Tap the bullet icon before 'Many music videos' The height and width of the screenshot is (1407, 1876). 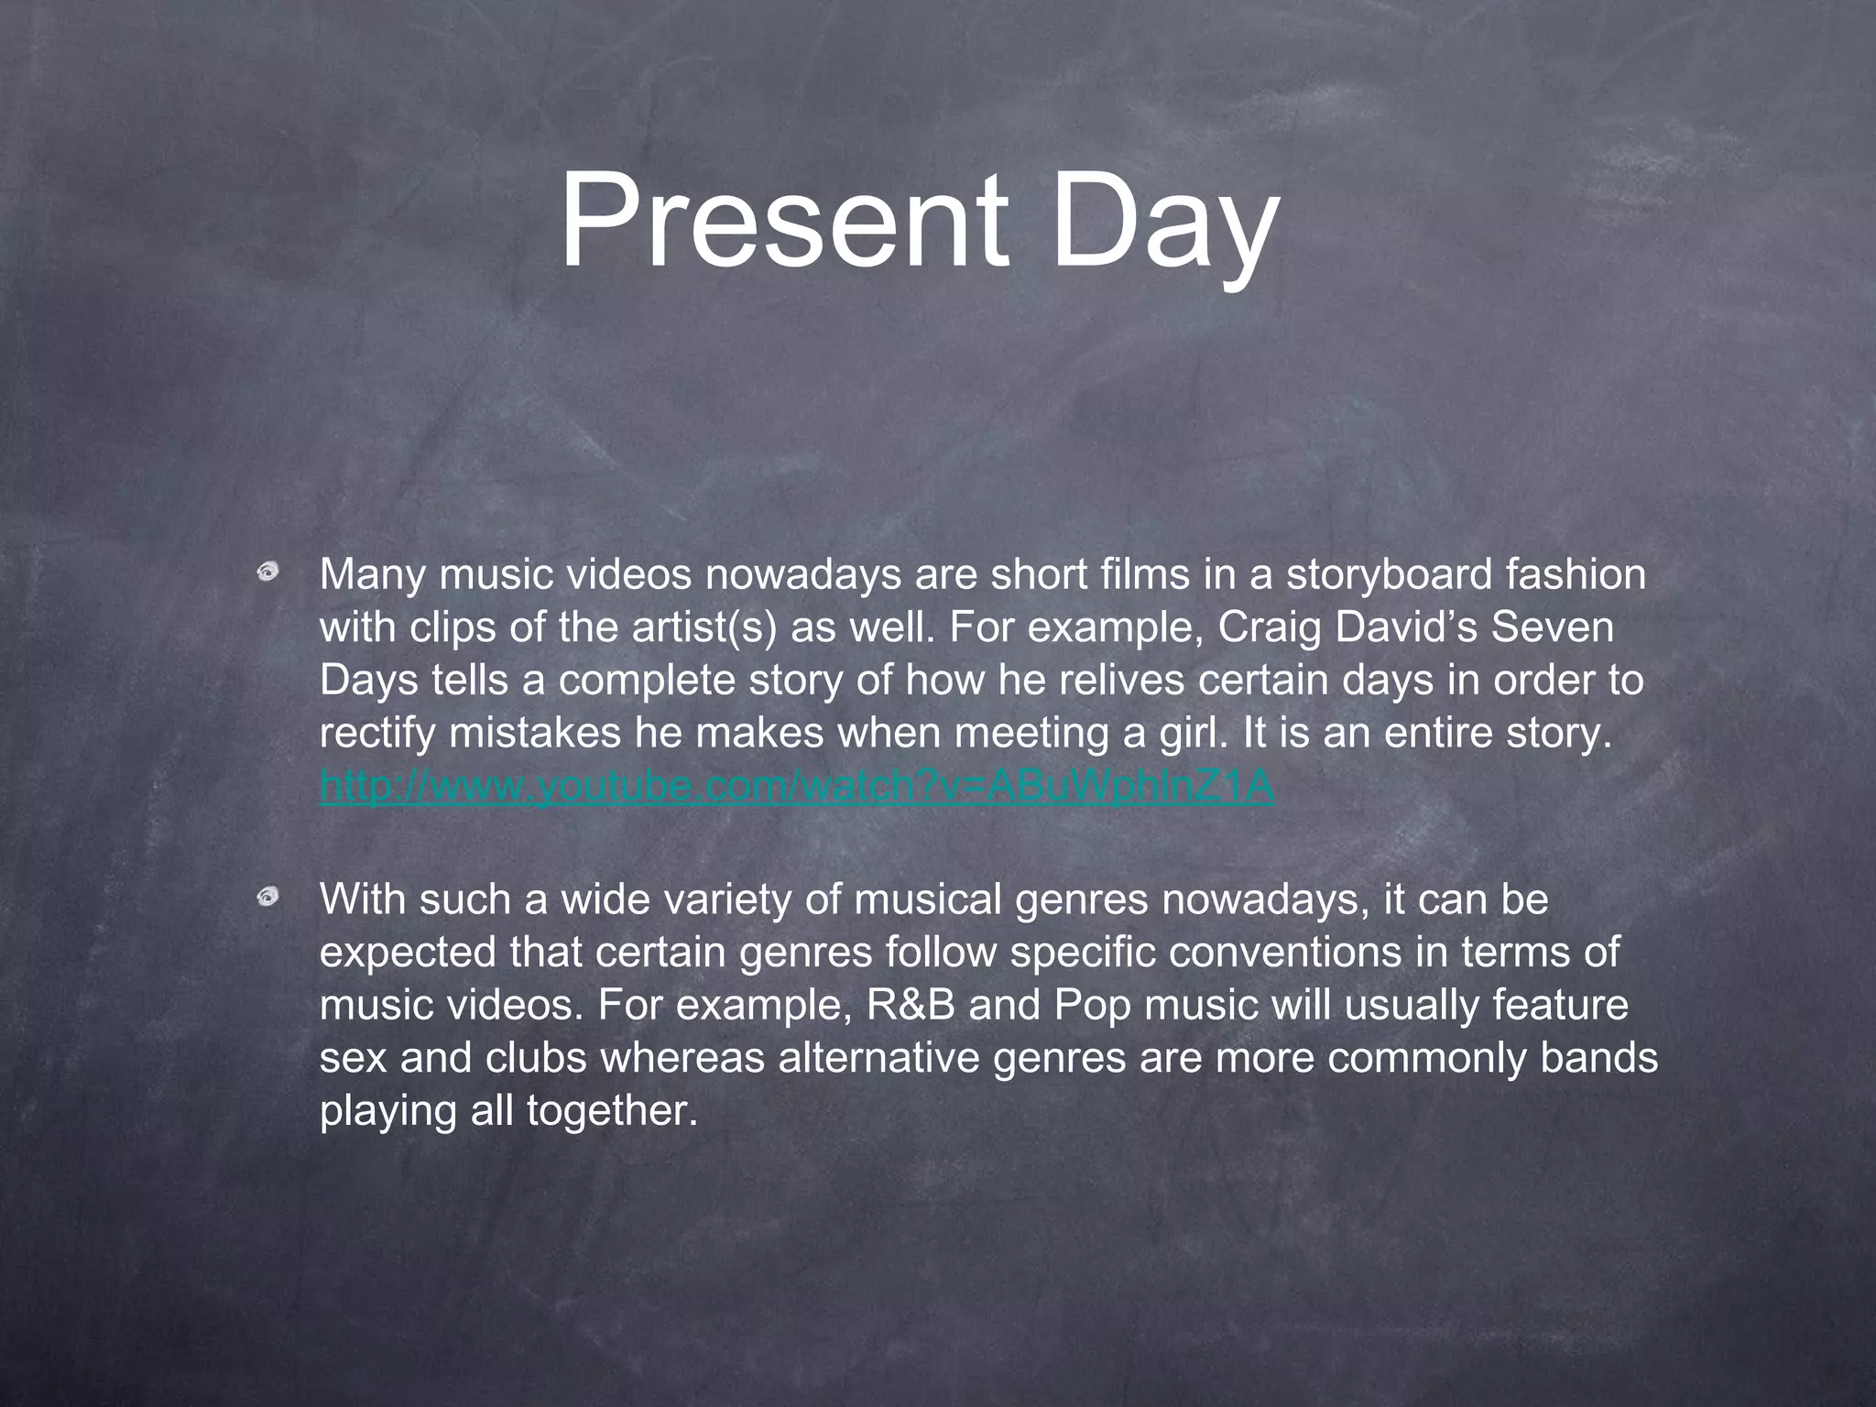(x=267, y=573)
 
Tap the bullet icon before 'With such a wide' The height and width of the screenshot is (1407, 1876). (x=267, y=898)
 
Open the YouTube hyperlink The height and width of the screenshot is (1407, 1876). (x=797, y=786)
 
